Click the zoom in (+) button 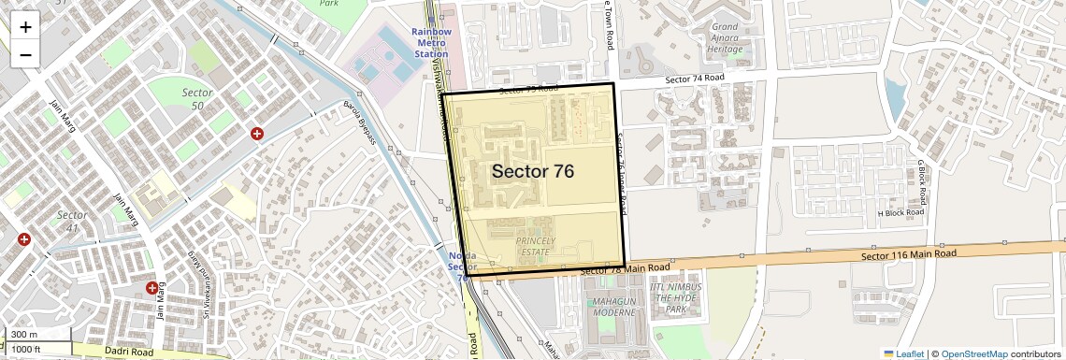coord(25,27)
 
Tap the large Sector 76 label coord(532,171)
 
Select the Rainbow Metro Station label coord(431,43)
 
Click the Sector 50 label coord(197,99)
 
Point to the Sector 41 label coord(72,222)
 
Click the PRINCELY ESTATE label coord(535,247)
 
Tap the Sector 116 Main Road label coord(908,254)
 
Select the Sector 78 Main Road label coord(625,269)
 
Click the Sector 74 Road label coord(695,79)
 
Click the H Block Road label coord(900,213)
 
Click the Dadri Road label coord(129,353)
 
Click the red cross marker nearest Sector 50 coord(256,135)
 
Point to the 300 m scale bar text coord(25,335)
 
